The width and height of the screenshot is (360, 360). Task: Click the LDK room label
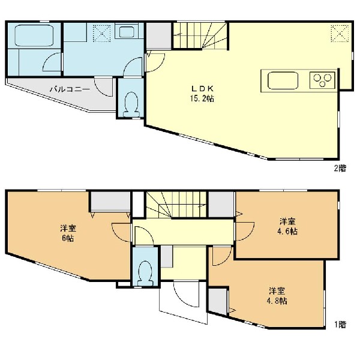pyautogui.click(x=203, y=88)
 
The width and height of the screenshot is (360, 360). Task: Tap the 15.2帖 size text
pyautogui.click(x=202, y=98)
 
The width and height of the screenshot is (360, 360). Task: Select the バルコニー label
pyautogui.click(x=70, y=89)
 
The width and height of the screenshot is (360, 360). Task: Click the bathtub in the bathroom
pyautogui.click(x=34, y=35)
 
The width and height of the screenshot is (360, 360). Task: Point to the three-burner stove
pyautogui.click(x=322, y=80)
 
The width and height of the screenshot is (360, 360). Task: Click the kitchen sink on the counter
pyautogui.click(x=283, y=80)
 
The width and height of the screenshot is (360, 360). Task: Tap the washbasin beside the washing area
pyautogui.click(x=127, y=32)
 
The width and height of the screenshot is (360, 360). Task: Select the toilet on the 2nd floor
pyautogui.click(x=131, y=104)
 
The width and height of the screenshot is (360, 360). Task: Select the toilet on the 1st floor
pyautogui.click(x=145, y=273)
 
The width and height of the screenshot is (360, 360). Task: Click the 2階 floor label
pyautogui.click(x=340, y=168)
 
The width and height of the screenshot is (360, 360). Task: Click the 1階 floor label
pyautogui.click(x=340, y=325)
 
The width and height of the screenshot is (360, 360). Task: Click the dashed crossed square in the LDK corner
pyautogui.click(x=340, y=34)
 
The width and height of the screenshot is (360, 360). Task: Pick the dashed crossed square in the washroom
pyautogui.click(x=101, y=34)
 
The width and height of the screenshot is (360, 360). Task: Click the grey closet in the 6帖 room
pyautogui.click(x=110, y=201)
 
